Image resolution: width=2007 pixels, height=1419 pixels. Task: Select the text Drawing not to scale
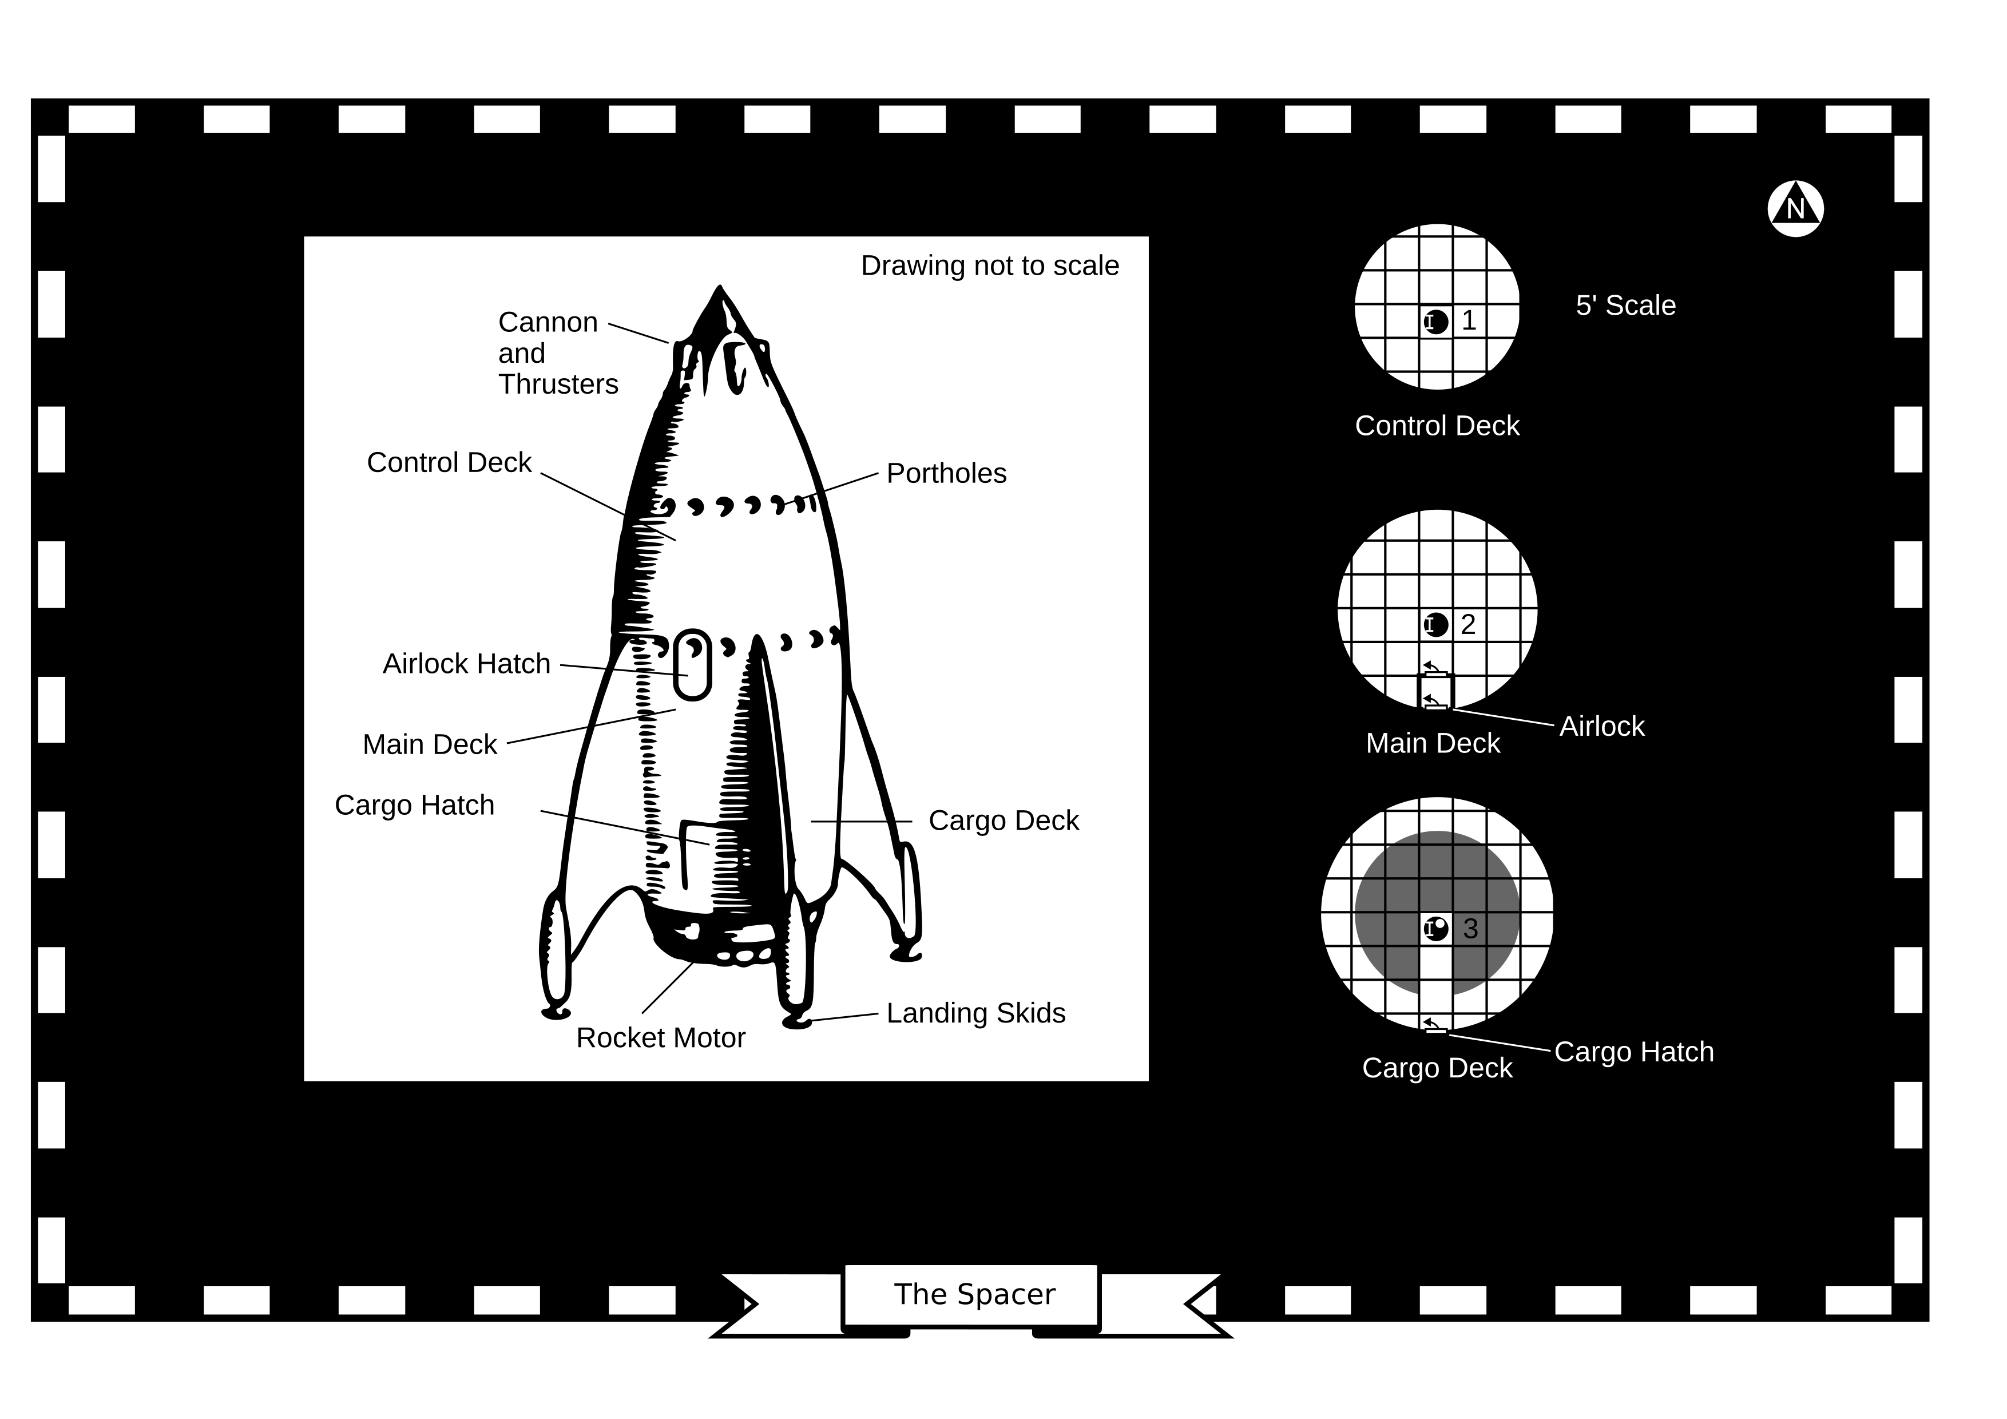click(990, 266)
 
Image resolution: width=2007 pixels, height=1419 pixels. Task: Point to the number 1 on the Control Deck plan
click(1469, 321)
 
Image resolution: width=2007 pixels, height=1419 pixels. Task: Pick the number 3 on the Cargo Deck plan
click(1470, 929)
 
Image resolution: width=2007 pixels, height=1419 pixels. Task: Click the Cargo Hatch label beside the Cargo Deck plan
click(1634, 1052)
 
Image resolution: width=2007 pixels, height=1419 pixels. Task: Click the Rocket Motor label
click(660, 1038)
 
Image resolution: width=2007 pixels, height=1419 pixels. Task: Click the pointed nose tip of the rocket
click(719, 290)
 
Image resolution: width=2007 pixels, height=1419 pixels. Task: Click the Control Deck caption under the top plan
click(1437, 426)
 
